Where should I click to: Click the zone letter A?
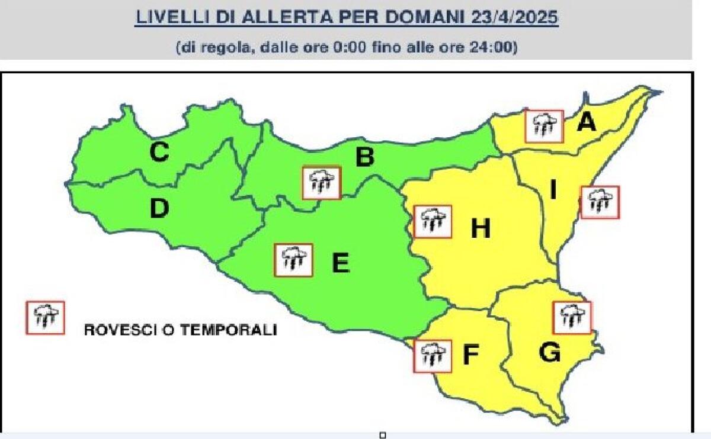coord(586,122)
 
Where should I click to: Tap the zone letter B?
coord(364,157)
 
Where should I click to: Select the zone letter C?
coord(159,153)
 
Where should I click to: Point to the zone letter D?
coord(159,208)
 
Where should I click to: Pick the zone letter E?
coord(340,263)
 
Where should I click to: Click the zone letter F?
coord(470,354)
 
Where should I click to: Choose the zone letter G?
coord(550,353)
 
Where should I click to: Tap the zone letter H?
coord(481,229)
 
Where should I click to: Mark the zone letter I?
coord(553,191)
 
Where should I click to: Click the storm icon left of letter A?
coord(544,126)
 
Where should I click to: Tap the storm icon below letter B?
coord(321,182)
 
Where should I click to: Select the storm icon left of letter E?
coord(293,260)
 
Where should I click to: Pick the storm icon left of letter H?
coord(433,221)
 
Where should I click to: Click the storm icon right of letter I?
coord(600,202)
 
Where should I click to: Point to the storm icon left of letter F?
coord(433,356)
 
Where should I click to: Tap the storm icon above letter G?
coord(572,317)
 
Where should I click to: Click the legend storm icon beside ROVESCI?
coord(45,318)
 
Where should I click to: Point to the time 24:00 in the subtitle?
coord(494,47)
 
